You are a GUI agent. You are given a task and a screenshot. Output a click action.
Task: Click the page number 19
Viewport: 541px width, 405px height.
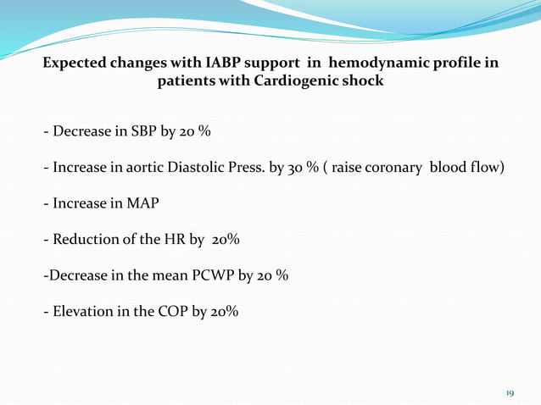click(510, 393)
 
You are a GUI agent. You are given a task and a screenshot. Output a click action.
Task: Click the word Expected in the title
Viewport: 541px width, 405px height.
click(75, 64)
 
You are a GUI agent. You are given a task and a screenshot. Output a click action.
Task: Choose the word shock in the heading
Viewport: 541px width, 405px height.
click(363, 82)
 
